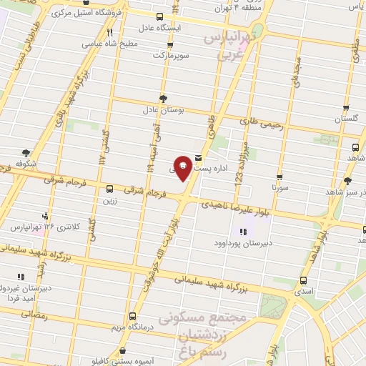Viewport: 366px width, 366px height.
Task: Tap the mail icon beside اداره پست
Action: pos(198,159)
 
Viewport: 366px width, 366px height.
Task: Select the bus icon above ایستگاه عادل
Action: pos(159,16)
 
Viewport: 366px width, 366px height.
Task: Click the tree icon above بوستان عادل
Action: pos(163,99)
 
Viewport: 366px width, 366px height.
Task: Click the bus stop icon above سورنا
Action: pos(279,177)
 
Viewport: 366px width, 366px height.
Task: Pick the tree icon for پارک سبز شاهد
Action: pos(348,181)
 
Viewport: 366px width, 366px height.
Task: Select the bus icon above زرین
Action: pos(109,189)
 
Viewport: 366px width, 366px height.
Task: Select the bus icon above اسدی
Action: pos(305,280)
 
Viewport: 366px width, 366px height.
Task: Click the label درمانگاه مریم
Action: pos(128,327)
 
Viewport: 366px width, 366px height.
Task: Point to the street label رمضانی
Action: pos(35,315)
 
